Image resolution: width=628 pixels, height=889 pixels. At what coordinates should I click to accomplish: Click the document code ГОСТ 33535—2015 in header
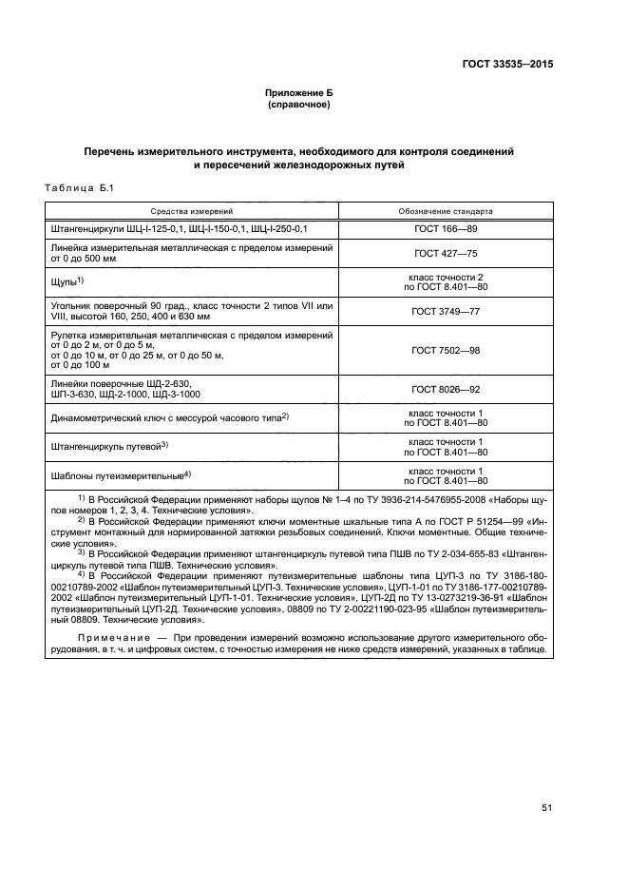[502, 65]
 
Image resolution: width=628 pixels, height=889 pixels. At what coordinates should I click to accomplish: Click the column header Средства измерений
[189, 211]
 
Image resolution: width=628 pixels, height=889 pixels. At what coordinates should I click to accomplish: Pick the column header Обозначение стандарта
[446, 211]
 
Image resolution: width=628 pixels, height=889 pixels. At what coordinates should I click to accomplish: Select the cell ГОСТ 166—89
[446, 230]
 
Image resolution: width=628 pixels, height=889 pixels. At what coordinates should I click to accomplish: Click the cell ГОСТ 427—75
[446, 254]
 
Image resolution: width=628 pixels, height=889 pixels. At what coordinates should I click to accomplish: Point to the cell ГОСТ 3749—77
[446, 311]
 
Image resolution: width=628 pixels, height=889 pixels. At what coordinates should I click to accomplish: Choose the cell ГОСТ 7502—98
[446, 351]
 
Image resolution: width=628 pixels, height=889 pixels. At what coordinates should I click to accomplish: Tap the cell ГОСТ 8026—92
[446, 390]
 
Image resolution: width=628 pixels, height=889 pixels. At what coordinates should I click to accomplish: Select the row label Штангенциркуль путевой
[105, 446]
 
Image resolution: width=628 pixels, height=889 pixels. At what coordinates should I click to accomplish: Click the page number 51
[547, 808]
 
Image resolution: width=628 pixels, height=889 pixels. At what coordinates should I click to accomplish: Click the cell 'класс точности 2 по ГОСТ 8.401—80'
[446, 281]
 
